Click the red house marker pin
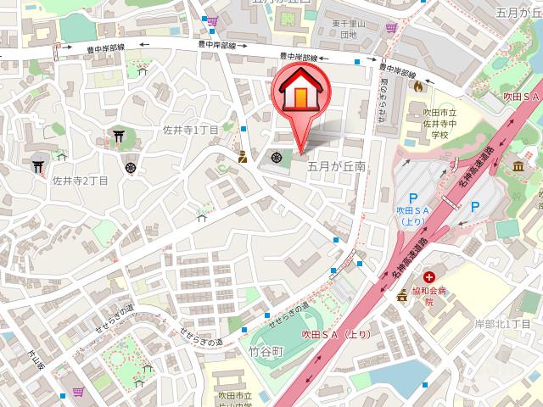(x=299, y=93)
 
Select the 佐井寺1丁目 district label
(x=191, y=130)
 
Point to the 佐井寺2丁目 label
(x=81, y=181)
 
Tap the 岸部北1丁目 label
(x=502, y=325)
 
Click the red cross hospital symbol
(x=430, y=277)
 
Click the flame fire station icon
(x=417, y=85)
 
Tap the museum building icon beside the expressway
(x=519, y=165)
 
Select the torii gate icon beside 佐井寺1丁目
(x=117, y=136)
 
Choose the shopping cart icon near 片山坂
(x=78, y=391)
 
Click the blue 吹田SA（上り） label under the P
(x=413, y=215)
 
